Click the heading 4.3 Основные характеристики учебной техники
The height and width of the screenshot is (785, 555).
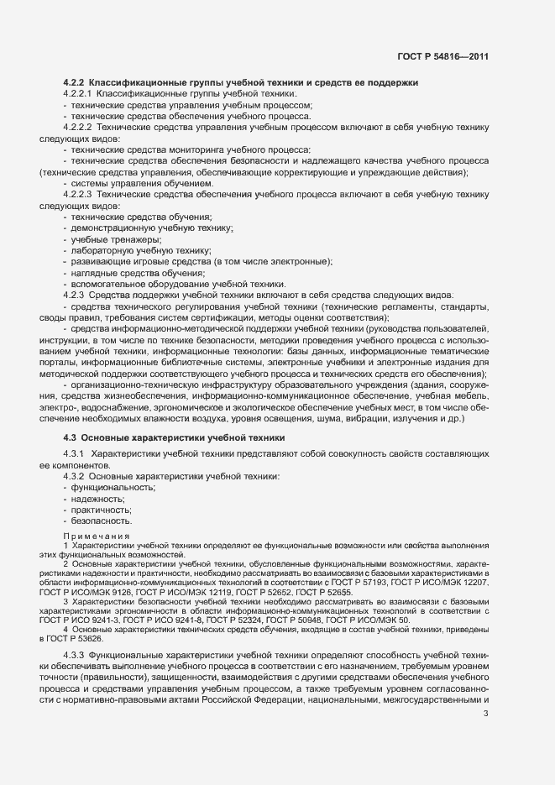click(175, 438)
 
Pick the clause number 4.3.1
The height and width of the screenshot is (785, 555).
click(75, 453)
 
